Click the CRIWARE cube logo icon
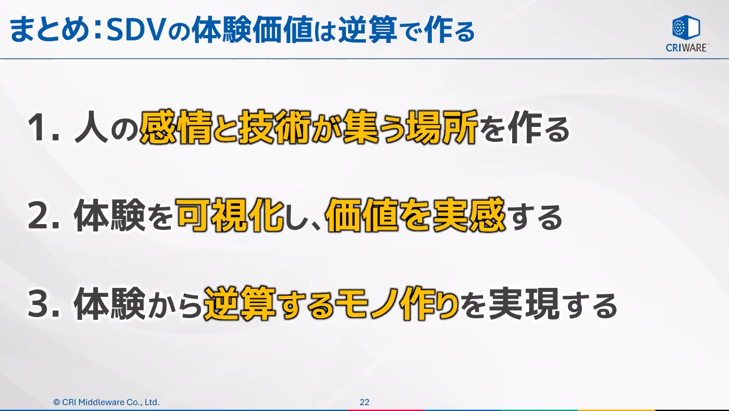686,27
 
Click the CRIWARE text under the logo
686,47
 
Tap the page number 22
364,402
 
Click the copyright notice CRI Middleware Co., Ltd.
106,402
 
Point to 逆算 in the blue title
367,30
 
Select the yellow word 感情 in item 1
176,128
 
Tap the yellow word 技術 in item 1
274,128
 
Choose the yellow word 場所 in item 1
442,128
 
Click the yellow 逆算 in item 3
240,304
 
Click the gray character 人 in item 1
91,129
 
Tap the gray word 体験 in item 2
109,216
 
